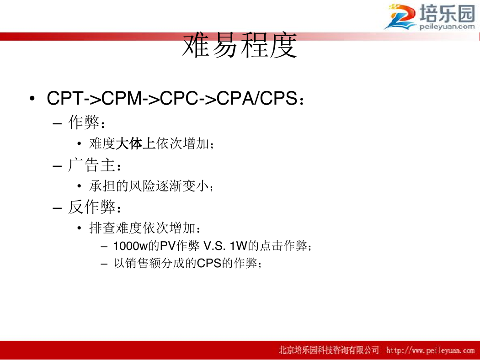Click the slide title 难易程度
coord(240,46)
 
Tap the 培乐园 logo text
coord(447,13)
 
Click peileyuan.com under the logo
coord(447,26)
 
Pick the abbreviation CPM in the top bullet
coord(122,98)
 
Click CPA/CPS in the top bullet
coord(256,98)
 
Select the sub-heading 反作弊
coord(91,207)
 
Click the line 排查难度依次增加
coord(142,228)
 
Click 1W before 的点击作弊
coord(239,246)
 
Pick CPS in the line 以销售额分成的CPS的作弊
coord(209,263)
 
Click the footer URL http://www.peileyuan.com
coord(430,350)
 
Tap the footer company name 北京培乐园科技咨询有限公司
coord(329,350)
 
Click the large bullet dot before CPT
coord(32,99)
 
